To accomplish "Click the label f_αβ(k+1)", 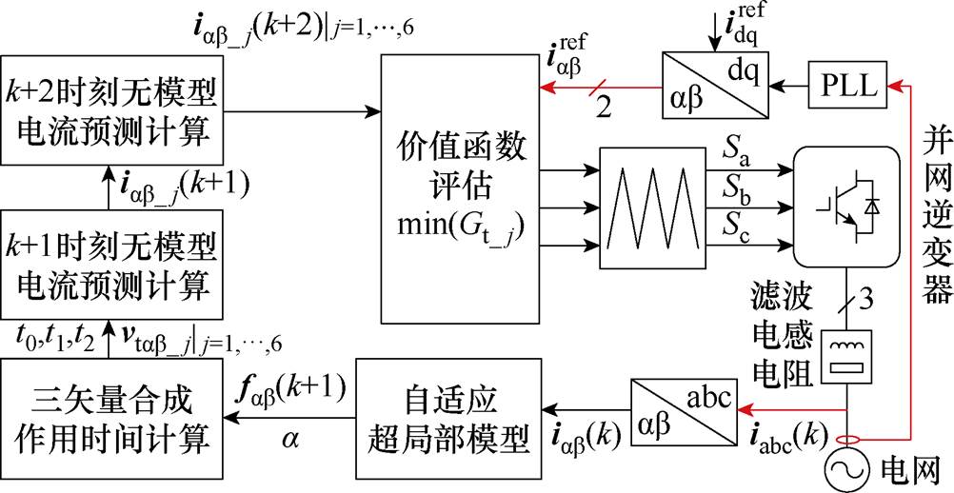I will [292, 390].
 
